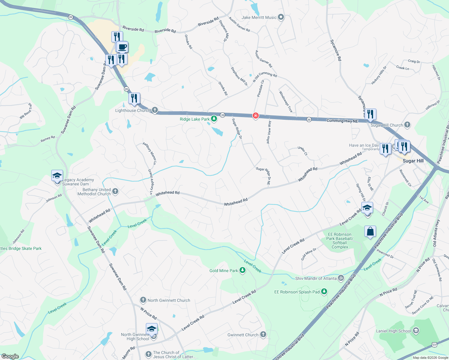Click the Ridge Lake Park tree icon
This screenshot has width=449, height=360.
coord(214,119)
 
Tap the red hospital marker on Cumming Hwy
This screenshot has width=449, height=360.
coord(255,115)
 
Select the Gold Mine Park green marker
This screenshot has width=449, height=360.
coord(243,271)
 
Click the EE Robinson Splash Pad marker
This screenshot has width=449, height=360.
coord(324,292)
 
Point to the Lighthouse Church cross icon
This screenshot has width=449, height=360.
coord(155,110)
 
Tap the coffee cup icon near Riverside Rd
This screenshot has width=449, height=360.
coord(122,47)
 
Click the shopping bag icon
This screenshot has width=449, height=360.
coord(370,232)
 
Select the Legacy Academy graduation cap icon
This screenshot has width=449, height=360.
coord(57,175)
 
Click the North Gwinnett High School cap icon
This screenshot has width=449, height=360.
coord(152,329)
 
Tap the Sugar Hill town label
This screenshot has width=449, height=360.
coord(413,161)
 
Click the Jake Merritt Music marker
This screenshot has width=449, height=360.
coord(281,17)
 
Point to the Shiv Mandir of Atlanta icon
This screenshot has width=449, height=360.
coord(341,278)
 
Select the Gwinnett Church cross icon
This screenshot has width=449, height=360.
coord(263,334)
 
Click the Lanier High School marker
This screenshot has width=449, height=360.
coord(416,331)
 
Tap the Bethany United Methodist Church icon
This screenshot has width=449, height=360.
coord(115,191)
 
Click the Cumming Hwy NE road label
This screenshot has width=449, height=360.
coord(342,121)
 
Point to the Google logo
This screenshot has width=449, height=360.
coord(10,356)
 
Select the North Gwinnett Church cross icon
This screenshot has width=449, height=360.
coord(143,300)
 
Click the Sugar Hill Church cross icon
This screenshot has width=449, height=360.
coord(407,125)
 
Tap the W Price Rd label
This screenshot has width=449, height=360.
coord(149,313)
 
